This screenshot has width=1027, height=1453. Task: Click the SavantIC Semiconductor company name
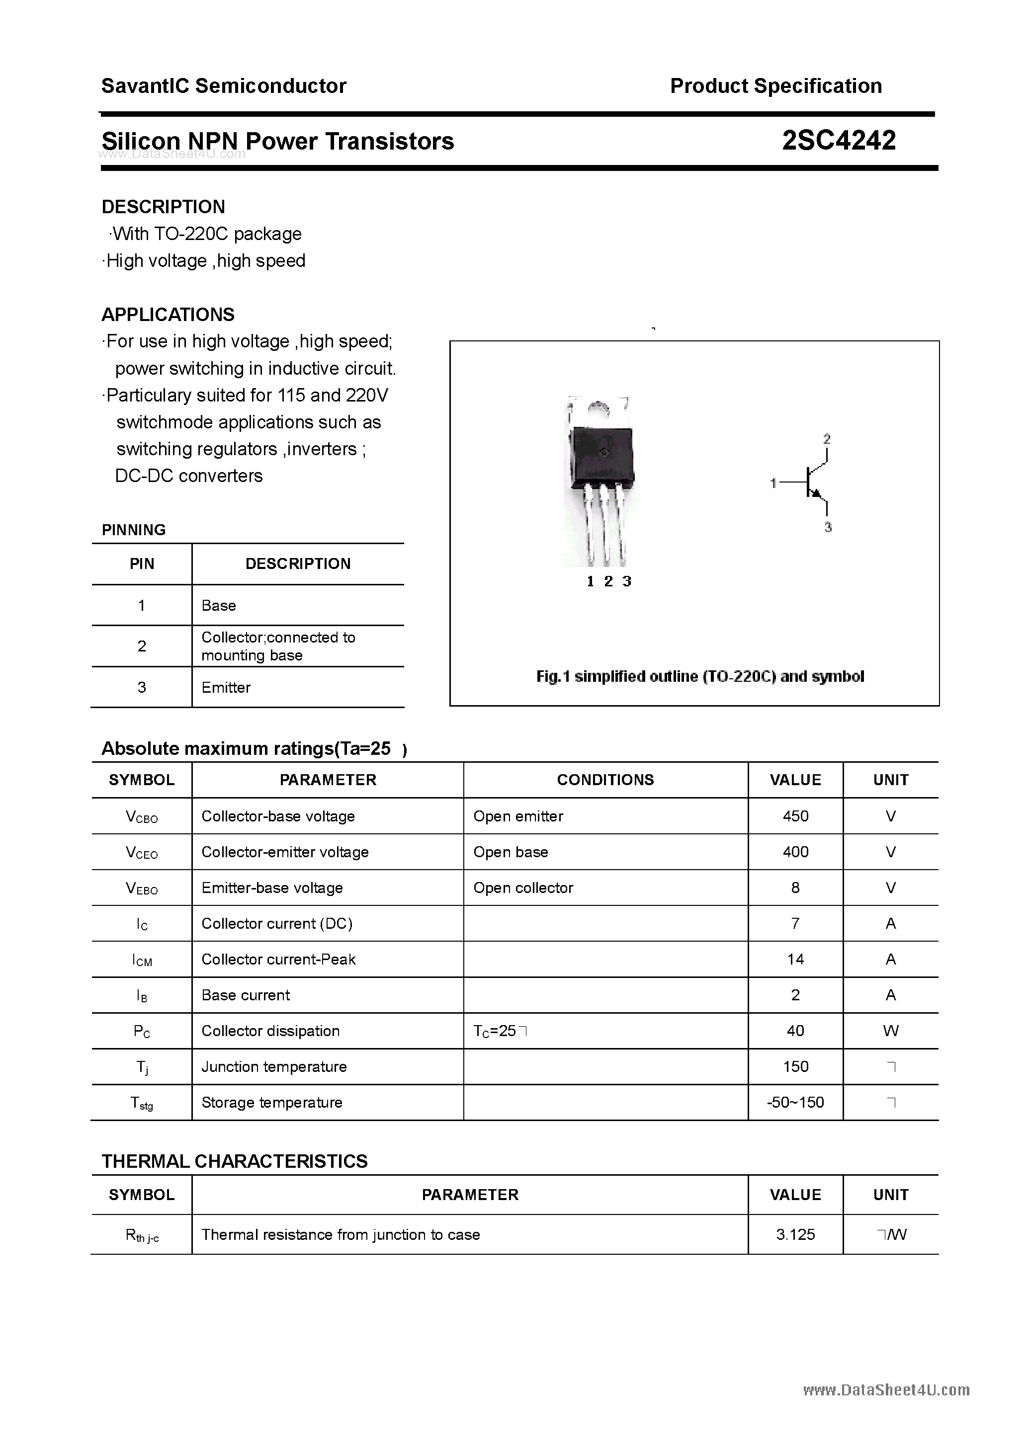pos(224,86)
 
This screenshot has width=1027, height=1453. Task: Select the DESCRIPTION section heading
pos(164,207)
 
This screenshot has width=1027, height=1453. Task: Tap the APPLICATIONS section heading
pos(168,315)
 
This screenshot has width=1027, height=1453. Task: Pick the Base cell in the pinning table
pos(218,606)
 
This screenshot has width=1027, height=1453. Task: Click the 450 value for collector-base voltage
pos(795,816)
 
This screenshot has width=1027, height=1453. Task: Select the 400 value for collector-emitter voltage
pos(795,852)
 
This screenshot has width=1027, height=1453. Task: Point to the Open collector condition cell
pos(523,888)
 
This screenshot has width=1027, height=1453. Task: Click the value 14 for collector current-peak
pos(795,960)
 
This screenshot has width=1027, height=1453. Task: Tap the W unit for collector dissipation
pos(890,1031)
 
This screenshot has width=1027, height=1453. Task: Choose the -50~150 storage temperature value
pos(795,1102)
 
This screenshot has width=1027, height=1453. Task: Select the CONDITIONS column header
pos(605,780)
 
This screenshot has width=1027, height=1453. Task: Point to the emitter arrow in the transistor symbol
pos(817,493)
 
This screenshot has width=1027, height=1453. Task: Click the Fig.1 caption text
pos(699,676)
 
